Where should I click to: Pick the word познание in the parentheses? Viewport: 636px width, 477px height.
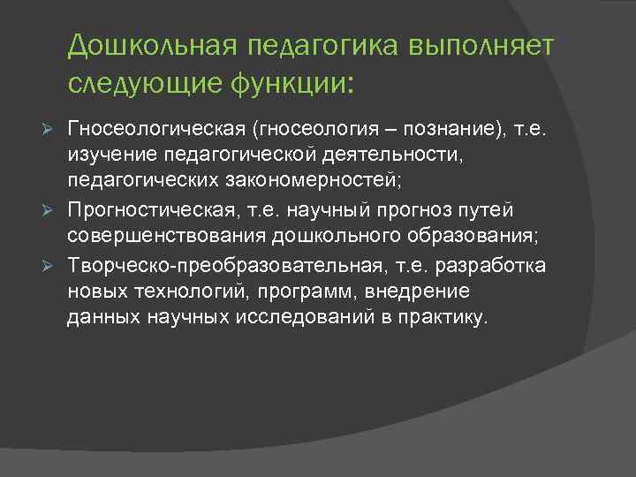pos(446,132)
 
